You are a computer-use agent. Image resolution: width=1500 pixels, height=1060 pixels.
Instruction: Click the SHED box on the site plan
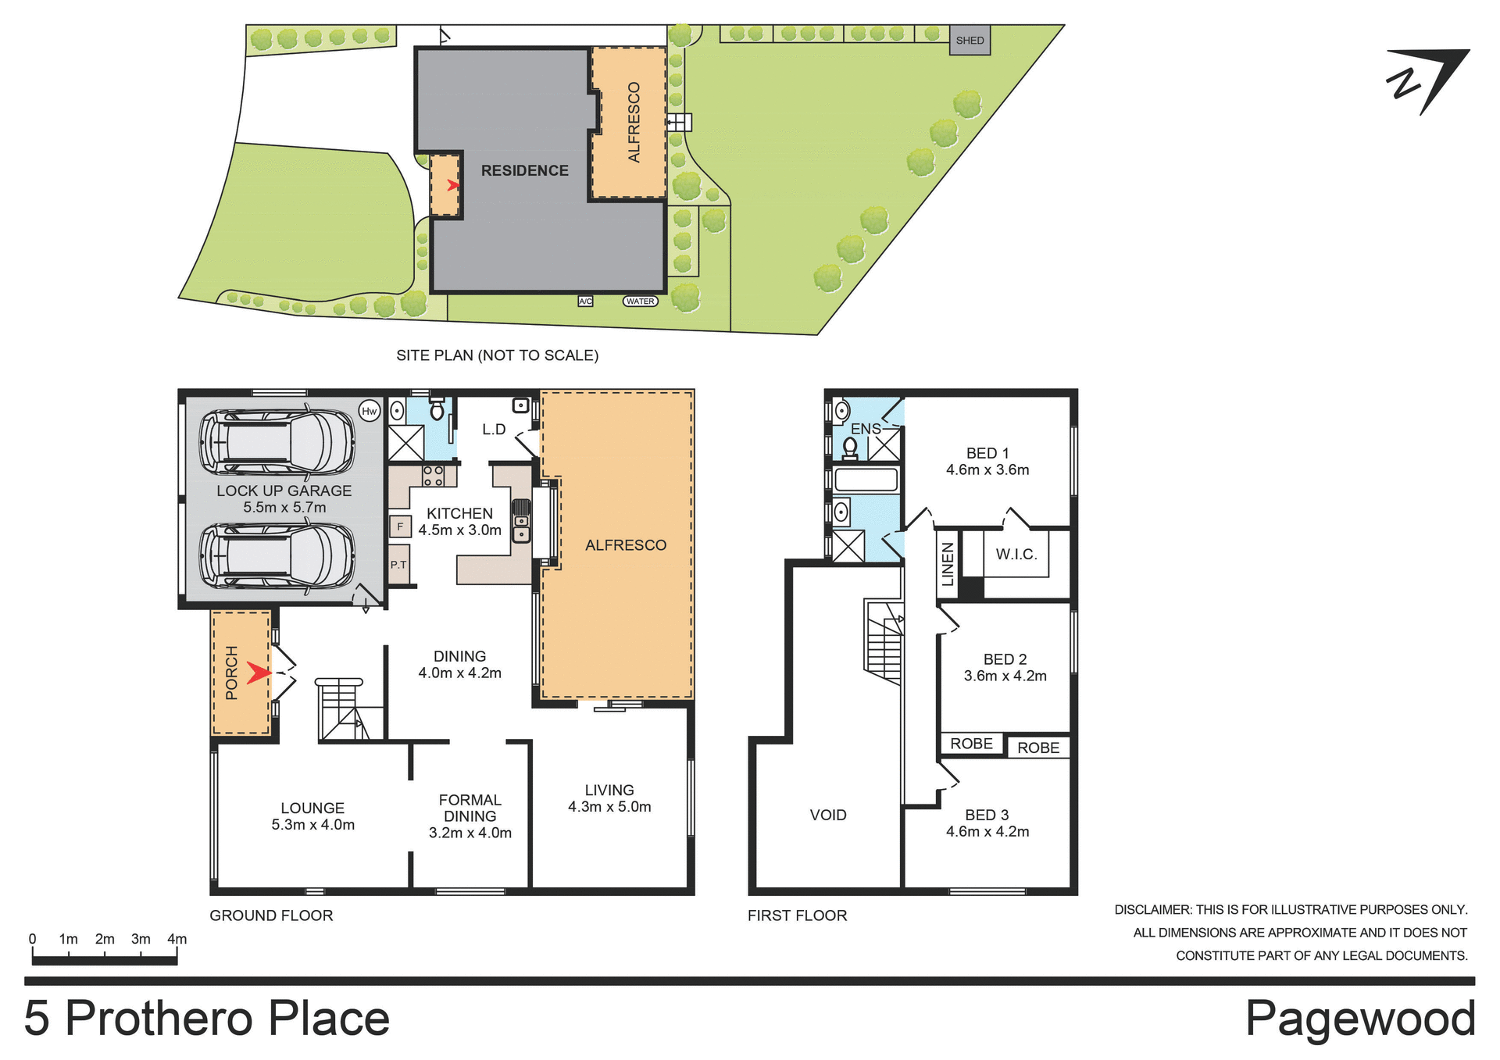click(x=970, y=41)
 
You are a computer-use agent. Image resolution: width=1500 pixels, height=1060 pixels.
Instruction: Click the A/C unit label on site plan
click(x=585, y=302)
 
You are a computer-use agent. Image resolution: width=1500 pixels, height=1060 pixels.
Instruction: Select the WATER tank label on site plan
click(x=640, y=302)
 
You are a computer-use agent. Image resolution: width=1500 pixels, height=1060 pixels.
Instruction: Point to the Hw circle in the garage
click(x=369, y=411)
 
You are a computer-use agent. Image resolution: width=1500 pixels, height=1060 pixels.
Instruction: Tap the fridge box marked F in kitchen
click(x=400, y=526)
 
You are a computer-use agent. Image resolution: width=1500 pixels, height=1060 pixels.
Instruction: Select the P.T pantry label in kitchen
click(x=398, y=564)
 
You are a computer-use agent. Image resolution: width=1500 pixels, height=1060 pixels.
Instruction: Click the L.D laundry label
click(x=494, y=429)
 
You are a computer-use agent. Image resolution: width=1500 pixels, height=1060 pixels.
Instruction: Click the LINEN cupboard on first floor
click(x=948, y=564)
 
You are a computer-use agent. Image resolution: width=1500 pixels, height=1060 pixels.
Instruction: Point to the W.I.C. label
click(x=1016, y=554)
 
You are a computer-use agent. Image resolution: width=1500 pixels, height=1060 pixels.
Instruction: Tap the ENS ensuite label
click(x=865, y=429)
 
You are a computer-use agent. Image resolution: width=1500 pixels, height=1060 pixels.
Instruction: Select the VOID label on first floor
click(x=828, y=815)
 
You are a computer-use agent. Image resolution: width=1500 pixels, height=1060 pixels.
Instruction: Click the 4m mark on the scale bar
click(x=177, y=939)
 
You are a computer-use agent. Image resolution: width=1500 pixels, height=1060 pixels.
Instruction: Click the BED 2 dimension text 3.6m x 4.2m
click(x=1005, y=676)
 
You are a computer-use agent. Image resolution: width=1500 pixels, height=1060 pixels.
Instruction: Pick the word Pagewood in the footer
click(x=1359, y=1019)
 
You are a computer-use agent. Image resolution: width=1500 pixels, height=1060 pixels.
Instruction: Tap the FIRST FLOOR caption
click(x=797, y=915)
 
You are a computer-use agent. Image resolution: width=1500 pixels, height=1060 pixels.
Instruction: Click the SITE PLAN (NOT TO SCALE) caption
click(x=497, y=355)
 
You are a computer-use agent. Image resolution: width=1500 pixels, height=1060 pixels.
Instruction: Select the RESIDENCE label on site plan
click(x=524, y=170)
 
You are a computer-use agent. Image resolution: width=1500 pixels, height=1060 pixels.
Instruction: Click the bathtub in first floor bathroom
click(x=865, y=479)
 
